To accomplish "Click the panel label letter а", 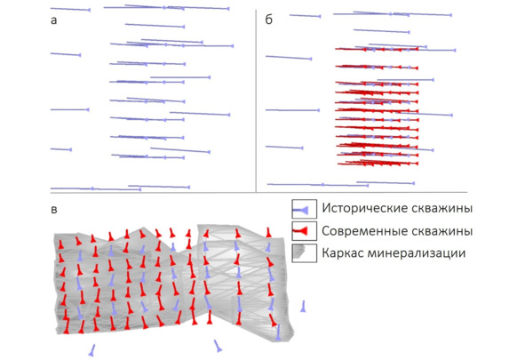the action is (53, 20).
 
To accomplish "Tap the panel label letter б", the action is (269, 20).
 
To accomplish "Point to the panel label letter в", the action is (54, 210).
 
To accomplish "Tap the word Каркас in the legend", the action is (342, 253).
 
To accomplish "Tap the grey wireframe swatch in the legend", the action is (298, 252).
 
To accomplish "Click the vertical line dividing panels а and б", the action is (256, 100).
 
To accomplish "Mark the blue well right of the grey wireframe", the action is (303, 307).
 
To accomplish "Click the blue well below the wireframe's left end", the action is (91, 350).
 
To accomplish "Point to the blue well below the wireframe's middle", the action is (218, 346).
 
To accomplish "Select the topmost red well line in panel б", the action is (377, 49).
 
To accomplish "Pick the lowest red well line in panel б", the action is (378, 163).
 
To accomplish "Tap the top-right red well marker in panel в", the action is (268, 232).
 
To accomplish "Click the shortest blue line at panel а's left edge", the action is (61, 149).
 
